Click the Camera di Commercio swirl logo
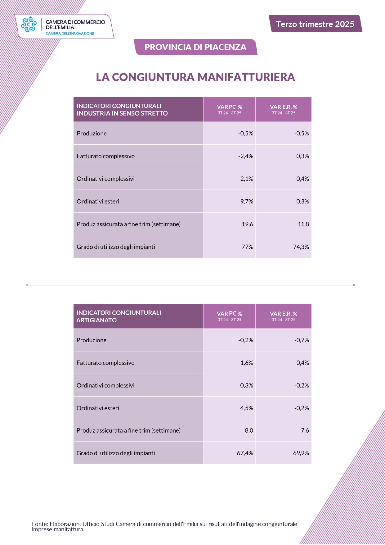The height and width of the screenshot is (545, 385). (29, 24)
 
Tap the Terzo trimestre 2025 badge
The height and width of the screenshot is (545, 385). (315, 24)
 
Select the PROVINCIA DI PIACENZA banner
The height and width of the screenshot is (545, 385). (195, 47)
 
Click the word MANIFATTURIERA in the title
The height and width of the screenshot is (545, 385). (246, 77)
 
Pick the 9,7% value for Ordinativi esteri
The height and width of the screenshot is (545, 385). (247, 202)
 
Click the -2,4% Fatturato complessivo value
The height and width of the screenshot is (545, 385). (246, 156)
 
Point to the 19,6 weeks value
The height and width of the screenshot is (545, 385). (247, 224)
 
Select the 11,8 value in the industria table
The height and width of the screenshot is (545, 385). (303, 224)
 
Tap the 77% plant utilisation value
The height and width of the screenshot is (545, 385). (247, 247)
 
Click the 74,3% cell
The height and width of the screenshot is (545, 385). (301, 247)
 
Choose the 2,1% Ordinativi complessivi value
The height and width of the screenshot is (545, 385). (247, 179)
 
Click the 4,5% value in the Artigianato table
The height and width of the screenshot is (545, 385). (247, 408)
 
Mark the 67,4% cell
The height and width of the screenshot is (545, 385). (245, 453)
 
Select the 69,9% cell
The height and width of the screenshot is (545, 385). (301, 453)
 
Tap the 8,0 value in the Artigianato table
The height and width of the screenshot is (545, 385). (249, 430)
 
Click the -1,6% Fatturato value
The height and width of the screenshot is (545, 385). (246, 363)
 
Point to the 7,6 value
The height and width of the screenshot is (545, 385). (305, 430)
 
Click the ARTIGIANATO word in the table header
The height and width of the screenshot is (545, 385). (96, 320)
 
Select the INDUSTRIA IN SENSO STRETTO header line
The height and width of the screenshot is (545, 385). (122, 113)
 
